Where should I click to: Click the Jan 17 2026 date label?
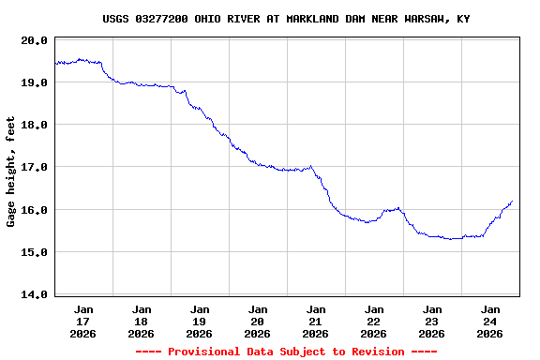tap(83, 321)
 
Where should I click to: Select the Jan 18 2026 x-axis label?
tap(142, 321)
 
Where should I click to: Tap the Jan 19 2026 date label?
tap(200, 321)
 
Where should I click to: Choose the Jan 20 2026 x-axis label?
tap(258, 321)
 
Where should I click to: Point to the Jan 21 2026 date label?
tap(316, 321)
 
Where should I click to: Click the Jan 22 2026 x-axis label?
tap(374, 321)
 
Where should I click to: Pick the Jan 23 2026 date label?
tap(432, 321)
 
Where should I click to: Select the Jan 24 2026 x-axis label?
tap(490, 321)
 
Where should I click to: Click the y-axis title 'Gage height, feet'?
tap(11, 172)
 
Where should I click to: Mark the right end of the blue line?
tap(512, 201)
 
